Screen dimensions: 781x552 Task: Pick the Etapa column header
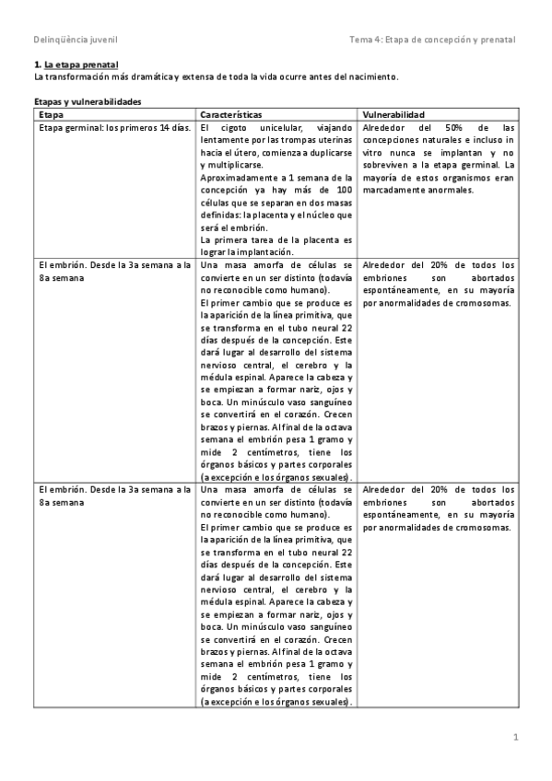tap(51, 114)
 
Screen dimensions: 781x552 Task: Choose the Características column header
tap(230, 114)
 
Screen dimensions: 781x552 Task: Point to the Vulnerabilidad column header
tap(393, 114)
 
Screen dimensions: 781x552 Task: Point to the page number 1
tap(516, 737)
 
